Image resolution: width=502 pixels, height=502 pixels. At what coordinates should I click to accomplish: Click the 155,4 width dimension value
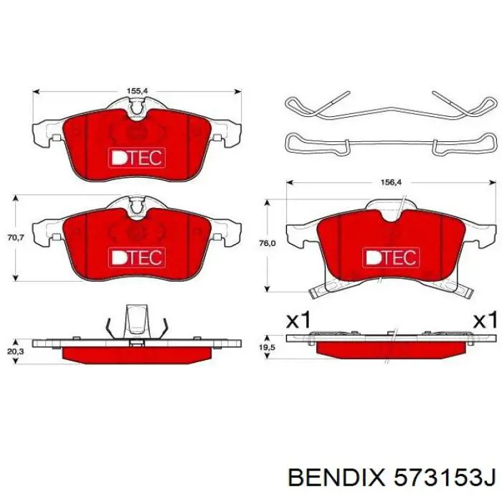(x=137, y=91)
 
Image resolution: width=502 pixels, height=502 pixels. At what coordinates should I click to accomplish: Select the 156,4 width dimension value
(x=391, y=182)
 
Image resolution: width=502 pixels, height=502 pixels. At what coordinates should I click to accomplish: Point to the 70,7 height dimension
(x=16, y=238)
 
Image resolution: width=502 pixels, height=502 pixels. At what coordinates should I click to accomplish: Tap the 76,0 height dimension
(x=267, y=244)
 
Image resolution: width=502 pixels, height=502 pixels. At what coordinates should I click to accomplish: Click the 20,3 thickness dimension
(x=16, y=351)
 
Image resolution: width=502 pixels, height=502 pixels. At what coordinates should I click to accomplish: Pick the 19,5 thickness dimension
(x=267, y=347)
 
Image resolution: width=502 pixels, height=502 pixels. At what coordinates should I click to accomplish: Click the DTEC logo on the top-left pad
(x=137, y=158)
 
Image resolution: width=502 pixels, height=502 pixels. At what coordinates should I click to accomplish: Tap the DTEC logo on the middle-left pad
(x=137, y=257)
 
